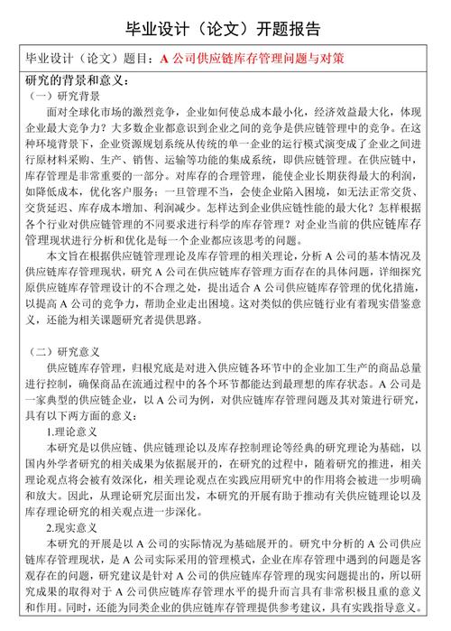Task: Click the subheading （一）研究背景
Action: point(64,96)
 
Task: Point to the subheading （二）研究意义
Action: point(64,350)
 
